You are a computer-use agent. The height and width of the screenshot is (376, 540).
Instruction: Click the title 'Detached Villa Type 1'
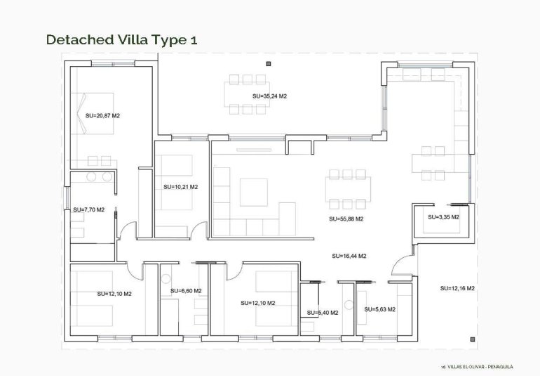pos(121,39)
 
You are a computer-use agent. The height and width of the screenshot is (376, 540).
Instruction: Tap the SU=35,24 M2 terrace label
pos(270,96)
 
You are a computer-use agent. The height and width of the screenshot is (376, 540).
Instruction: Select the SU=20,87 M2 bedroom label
pos(102,115)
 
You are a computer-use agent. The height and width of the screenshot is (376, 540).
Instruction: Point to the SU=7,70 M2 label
pos(89,209)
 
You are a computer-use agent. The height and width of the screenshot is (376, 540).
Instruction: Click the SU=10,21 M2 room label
pos(180,187)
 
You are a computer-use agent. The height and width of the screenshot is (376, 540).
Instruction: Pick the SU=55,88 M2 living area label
pos(346,219)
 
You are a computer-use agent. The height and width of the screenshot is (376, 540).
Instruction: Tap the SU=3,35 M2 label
pos(443,217)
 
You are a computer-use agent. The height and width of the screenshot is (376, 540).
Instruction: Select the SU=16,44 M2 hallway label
pos(349,257)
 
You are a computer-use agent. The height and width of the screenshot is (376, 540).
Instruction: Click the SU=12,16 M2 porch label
pos(458,288)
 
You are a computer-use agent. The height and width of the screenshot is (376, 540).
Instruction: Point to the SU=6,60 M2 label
pos(186,291)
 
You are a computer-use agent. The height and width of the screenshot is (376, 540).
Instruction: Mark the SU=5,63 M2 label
pos(380,309)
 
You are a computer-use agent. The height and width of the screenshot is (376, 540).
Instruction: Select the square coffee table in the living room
pos(253,192)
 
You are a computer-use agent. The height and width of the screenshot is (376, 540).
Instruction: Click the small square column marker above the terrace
pos(268,63)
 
